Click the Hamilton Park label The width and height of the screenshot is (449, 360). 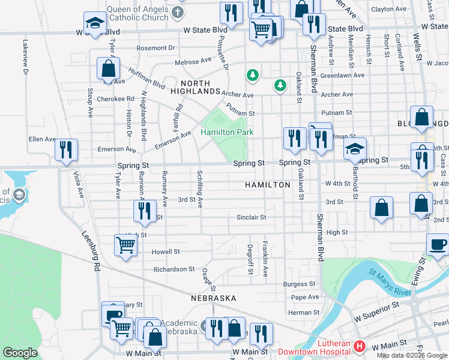tap(227, 132)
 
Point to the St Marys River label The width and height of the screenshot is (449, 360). tap(390, 282)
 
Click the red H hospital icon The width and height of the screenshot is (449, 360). tap(359, 346)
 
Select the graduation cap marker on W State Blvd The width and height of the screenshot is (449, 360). tap(95, 24)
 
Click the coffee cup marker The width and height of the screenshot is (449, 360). tap(438, 245)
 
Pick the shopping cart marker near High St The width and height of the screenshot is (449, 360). tap(125, 245)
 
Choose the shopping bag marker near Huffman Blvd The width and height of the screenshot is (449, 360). tap(108, 69)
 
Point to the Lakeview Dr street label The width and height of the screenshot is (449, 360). tap(25, 58)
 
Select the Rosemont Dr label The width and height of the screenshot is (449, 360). tap(155, 47)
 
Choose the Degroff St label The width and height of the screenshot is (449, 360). tap(250, 259)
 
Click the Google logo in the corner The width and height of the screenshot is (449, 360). tap(20, 353)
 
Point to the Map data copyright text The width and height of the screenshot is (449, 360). tap(412, 355)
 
